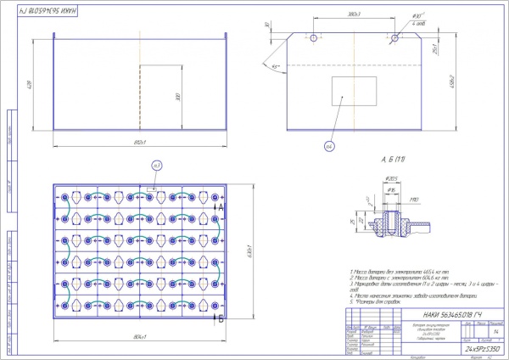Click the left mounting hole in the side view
[314, 38]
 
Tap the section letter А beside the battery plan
[221, 207]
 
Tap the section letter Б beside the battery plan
[221, 319]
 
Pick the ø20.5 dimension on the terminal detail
[393, 178]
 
